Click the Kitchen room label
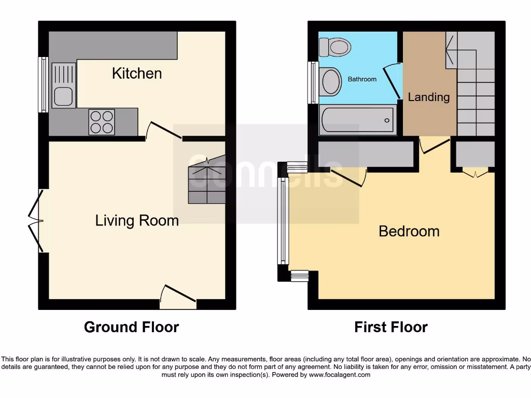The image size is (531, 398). click(x=137, y=74)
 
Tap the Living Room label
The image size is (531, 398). click(x=137, y=221)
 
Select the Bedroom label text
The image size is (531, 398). click(x=409, y=231)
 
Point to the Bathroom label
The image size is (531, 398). click(x=362, y=79)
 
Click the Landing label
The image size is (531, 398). click(x=428, y=97)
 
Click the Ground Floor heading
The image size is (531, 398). click(x=131, y=327)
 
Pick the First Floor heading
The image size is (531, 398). click(x=390, y=327)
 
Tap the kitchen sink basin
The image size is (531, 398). click(x=63, y=96)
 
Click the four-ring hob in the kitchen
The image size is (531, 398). click(x=101, y=122)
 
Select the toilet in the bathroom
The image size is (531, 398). click(x=337, y=47)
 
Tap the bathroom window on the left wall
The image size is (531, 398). click(x=313, y=82)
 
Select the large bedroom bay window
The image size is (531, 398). click(x=283, y=221)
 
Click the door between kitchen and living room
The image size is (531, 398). click(x=163, y=132)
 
